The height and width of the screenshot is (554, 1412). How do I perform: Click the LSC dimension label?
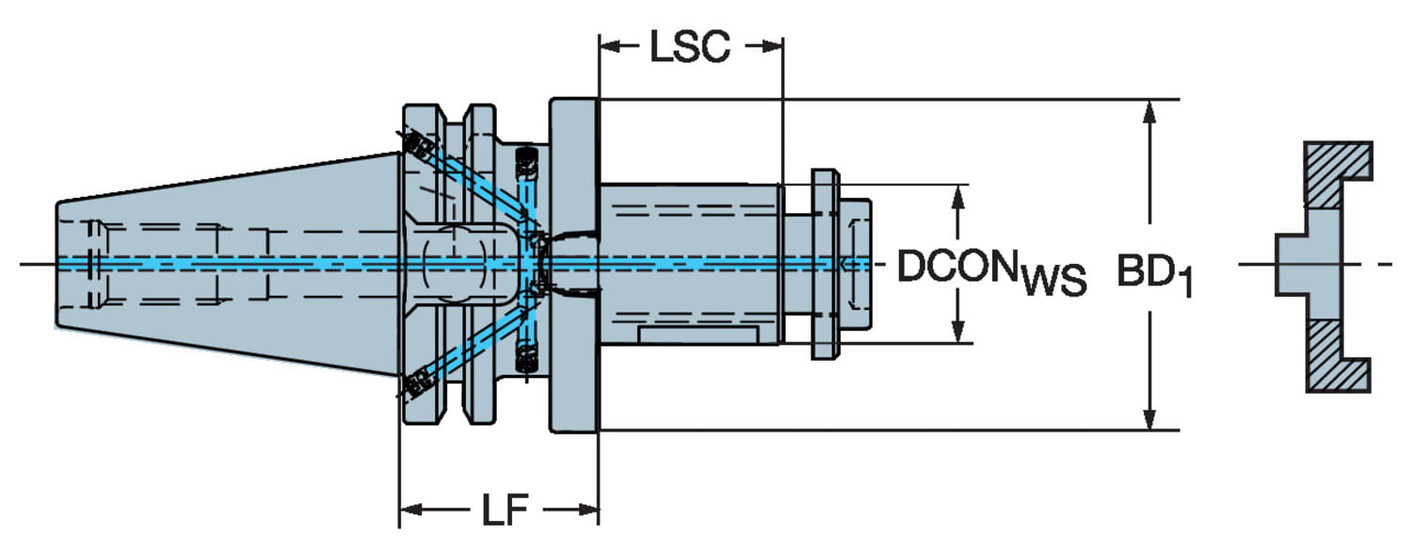pos(690,46)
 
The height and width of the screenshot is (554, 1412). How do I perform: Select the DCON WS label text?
pos(990,270)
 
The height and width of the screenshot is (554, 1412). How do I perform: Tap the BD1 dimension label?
pos(1154,273)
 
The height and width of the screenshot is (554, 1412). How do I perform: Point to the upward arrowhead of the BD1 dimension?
pos(1148,111)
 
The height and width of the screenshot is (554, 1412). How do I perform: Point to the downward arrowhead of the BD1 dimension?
pos(1148,418)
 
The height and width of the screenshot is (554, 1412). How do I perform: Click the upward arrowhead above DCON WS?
pos(957,196)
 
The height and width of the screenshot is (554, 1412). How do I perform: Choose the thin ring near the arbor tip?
pos(825,265)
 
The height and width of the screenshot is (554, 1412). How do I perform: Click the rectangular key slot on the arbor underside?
pos(698,334)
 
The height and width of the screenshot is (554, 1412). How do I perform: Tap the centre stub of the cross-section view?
pos(1292,264)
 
